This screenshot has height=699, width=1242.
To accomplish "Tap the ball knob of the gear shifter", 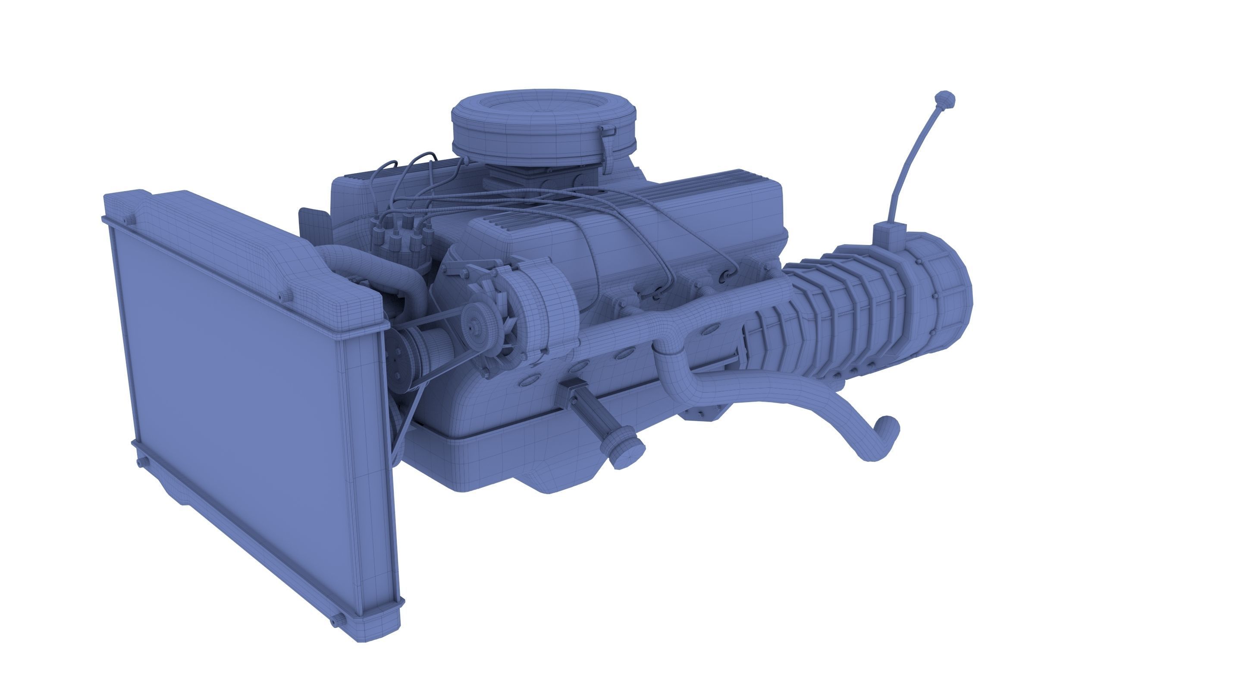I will [x=944, y=100].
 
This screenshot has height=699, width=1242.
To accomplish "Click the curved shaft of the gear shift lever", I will [x=909, y=159].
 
